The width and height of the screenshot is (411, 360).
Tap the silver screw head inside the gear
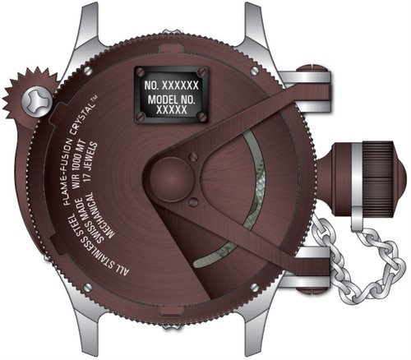pos(35,100)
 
